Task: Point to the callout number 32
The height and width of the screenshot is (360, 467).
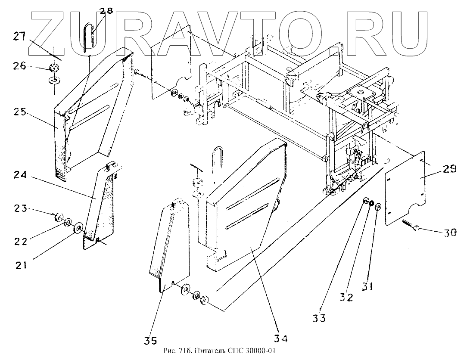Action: (x=346, y=297)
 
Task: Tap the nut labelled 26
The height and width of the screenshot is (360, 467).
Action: (x=54, y=67)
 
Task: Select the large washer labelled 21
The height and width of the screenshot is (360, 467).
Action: (x=79, y=227)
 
